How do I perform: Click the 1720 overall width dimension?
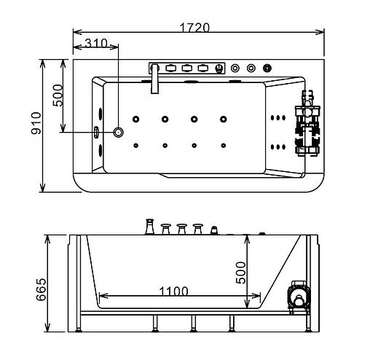(x=194, y=28)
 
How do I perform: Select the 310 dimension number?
(x=95, y=44)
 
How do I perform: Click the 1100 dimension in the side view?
(x=173, y=291)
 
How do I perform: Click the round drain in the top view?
(x=119, y=133)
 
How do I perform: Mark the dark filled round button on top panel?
(x=267, y=69)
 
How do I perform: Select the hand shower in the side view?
(x=213, y=232)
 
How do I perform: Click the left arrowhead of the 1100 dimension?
(x=101, y=297)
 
